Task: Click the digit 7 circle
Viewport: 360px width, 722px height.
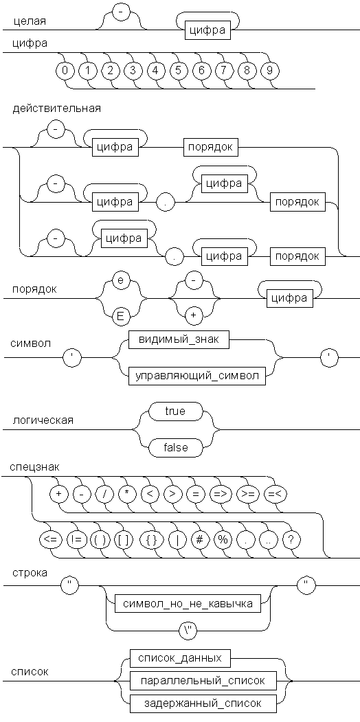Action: (223, 71)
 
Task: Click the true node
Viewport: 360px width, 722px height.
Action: (175, 411)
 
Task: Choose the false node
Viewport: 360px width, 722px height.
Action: (175, 447)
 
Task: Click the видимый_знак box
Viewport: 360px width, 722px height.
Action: (179, 339)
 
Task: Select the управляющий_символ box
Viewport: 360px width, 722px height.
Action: (197, 375)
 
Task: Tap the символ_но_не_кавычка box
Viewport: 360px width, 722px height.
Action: (188, 604)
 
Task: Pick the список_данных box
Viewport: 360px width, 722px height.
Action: (179, 659)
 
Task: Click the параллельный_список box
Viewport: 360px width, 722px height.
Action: (203, 681)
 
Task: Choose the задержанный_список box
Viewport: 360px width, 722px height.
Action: (203, 703)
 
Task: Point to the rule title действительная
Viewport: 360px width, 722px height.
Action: (57, 109)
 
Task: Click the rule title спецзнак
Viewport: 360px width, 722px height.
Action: (34, 467)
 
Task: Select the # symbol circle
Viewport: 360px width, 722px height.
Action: (199, 540)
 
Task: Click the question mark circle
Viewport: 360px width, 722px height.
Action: (291, 540)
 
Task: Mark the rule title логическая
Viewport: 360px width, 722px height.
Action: (43, 420)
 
